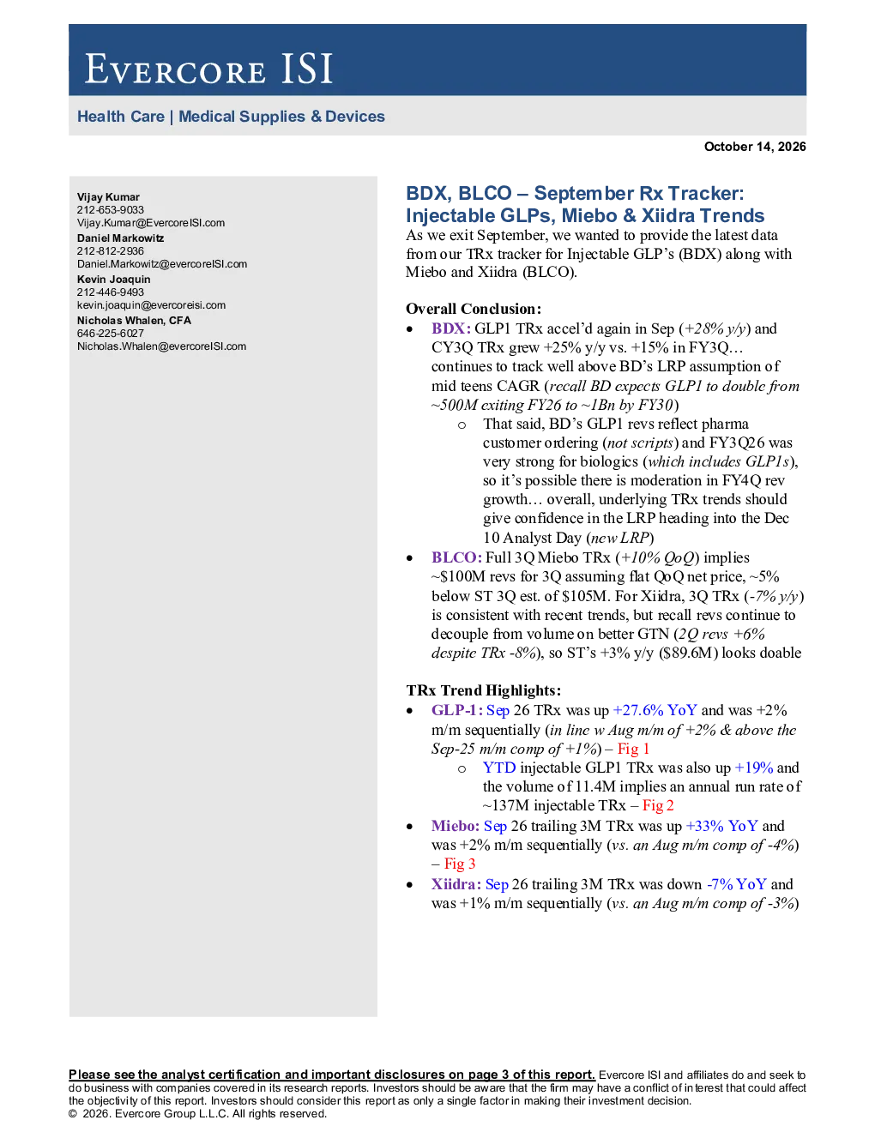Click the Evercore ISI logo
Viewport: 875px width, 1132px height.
click(208, 69)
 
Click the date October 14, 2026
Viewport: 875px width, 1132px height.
click(755, 147)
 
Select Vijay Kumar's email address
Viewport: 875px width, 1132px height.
click(151, 223)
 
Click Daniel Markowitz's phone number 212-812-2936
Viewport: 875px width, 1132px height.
click(111, 251)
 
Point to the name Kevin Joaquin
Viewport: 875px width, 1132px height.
click(113, 280)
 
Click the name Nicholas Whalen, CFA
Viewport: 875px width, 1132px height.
click(134, 321)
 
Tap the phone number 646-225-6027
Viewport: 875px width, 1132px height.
click(111, 334)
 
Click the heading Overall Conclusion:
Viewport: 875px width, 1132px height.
click(474, 309)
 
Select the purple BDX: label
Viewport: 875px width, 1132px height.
click(451, 328)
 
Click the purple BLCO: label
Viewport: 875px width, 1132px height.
click(456, 557)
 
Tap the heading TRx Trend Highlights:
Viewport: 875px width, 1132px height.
click(484, 690)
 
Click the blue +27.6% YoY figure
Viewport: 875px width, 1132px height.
click(655, 710)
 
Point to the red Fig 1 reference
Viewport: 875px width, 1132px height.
click(633, 749)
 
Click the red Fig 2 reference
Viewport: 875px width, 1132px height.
click(658, 805)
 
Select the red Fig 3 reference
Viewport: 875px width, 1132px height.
click(460, 864)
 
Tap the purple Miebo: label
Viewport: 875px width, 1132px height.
click(456, 826)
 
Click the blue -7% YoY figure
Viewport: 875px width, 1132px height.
click(736, 884)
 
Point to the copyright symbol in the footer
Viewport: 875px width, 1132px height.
click(72, 1114)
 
